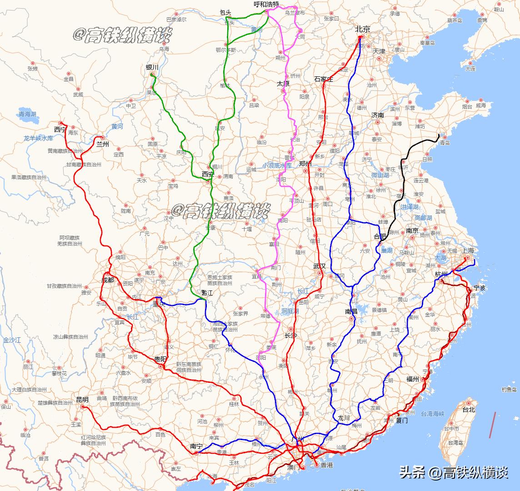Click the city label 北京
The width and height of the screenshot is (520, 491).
click(363, 29)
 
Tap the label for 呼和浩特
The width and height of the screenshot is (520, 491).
click(266, 5)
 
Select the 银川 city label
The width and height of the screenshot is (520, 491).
click(152, 67)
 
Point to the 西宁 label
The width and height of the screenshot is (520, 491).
click(60, 130)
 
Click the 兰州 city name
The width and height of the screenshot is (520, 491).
click(102, 144)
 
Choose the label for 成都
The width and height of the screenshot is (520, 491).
click(108, 280)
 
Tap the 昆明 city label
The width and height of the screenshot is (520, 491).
click(82, 400)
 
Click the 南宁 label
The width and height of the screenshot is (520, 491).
click(196, 446)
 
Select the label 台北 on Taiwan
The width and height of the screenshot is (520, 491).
click(468, 409)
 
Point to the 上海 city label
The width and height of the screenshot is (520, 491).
click(468, 251)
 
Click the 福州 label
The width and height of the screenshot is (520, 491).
click(412, 379)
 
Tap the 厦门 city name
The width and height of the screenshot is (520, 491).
click(401, 421)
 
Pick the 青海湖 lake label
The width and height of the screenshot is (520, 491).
click(27, 114)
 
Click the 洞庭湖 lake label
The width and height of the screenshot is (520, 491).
click(290, 311)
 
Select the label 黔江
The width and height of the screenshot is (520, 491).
click(207, 293)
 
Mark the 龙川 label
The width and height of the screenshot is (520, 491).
click(343, 418)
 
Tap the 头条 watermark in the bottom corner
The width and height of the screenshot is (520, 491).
click(412, 473)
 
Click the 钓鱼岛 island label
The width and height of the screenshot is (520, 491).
click(509, 390)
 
